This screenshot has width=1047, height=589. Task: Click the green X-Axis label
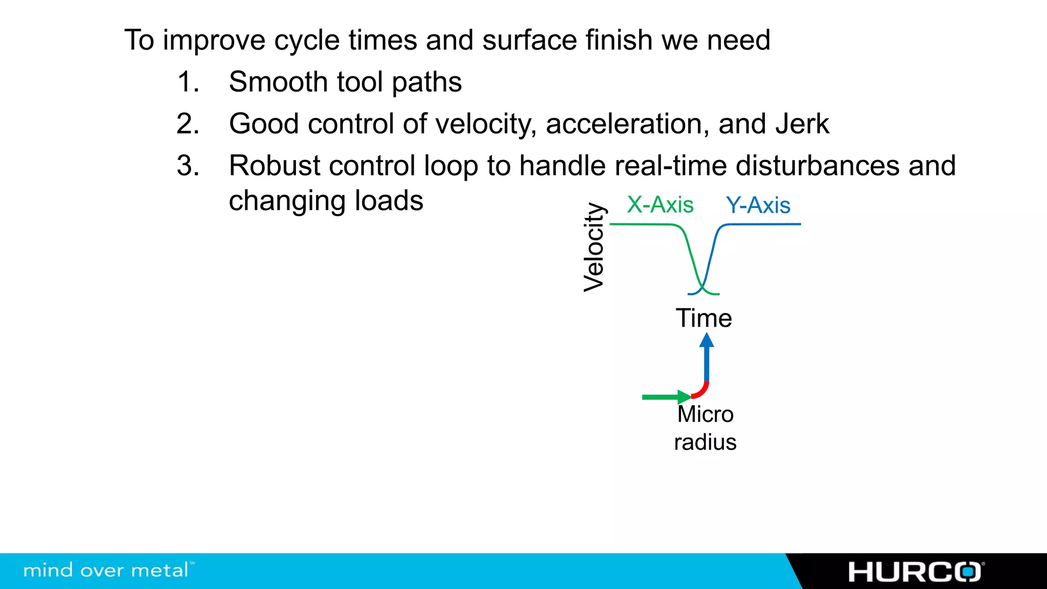point(660,205)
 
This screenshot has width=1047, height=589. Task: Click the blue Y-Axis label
point(758,206)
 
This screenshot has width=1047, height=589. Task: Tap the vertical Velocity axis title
point(595,247)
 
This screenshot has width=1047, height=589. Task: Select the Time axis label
point(703,318)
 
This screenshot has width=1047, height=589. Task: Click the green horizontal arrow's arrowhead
point(684,397)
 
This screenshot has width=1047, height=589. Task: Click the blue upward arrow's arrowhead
point(707,341)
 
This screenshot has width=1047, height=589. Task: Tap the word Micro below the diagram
point(705,414)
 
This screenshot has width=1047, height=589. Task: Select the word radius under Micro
point(705,442)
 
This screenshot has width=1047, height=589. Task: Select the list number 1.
point(187,82)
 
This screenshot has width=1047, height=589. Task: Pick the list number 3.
point(187,166)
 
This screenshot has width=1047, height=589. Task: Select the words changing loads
point(326,201)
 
